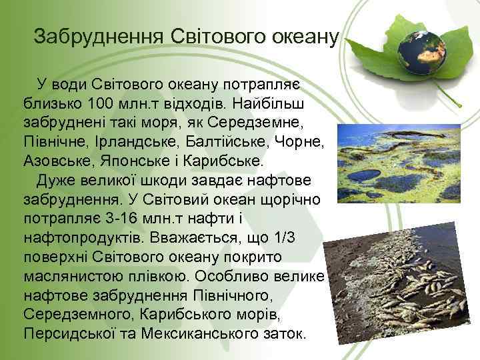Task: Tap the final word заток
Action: point(283,333)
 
